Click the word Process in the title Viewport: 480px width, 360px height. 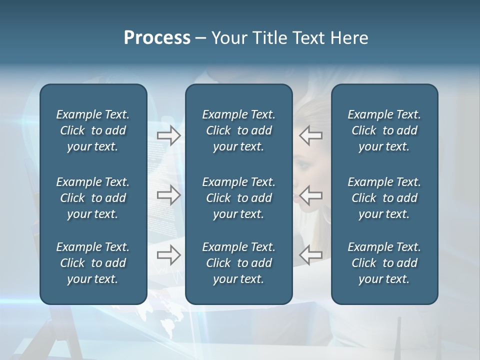(157, 38)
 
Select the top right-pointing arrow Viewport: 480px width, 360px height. (169, 135)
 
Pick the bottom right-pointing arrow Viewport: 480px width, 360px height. (169, 254)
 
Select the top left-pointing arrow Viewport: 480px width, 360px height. (311, 135)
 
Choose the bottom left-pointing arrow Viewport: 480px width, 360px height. (311, 254)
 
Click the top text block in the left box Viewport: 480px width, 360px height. (93, 130)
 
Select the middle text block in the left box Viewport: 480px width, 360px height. (93, 198)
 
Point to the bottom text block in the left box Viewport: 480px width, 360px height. (93, 263)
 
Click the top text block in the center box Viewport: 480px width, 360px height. (239, 130)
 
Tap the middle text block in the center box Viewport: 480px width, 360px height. (239, 198)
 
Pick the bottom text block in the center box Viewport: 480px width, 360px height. (239, 263)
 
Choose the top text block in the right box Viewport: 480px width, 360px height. (384, 130)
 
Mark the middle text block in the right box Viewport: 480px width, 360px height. (384, 198)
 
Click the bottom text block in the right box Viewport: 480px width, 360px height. (384, 263)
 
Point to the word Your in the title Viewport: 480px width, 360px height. (227, 38)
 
